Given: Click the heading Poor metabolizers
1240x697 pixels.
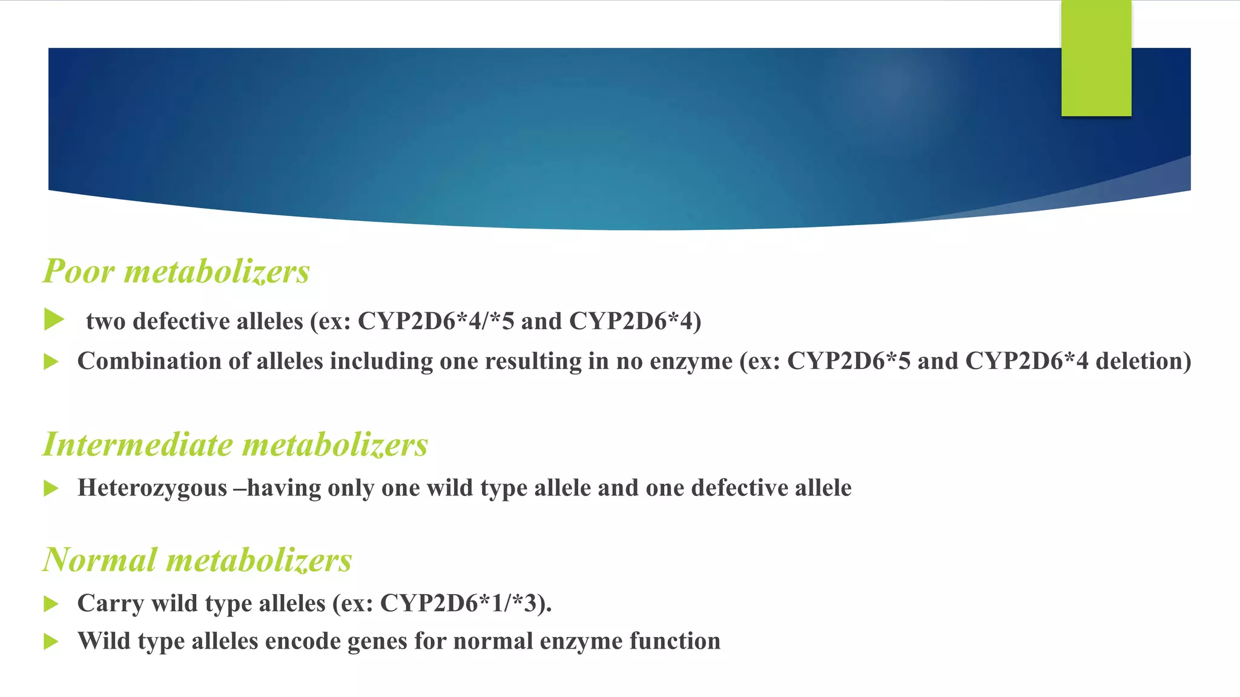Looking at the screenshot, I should (176, 271).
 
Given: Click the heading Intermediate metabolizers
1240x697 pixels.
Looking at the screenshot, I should (236, 445).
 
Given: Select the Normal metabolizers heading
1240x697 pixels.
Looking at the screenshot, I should (197, 560).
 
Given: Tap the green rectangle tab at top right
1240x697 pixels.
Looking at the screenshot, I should (1096, 58).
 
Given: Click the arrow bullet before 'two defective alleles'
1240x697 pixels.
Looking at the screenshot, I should (54, 319).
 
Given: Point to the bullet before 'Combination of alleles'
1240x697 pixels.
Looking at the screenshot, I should (51, 362).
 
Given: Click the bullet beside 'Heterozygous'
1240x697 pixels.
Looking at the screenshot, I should (51, 488).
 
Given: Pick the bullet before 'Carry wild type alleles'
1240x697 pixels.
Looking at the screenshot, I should (51, 604).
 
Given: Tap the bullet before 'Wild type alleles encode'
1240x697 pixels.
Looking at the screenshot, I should (51, 641).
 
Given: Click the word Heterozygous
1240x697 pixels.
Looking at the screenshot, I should (152, 488).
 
